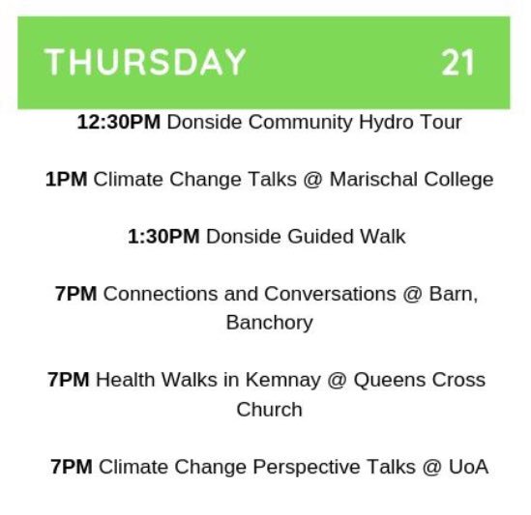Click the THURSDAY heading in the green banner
click(x=145, y=63)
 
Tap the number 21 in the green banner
click(x=458, y=63)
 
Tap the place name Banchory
click(x=269, y=323)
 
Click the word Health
click(x=127, y=380)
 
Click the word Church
click(x=269, y=409)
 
